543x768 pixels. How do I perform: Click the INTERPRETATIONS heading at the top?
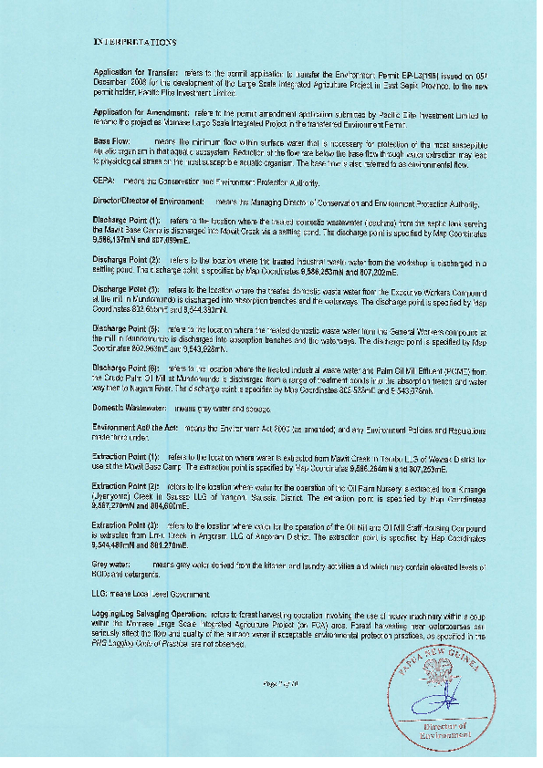135,43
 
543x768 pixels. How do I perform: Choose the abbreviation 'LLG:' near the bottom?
103,594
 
